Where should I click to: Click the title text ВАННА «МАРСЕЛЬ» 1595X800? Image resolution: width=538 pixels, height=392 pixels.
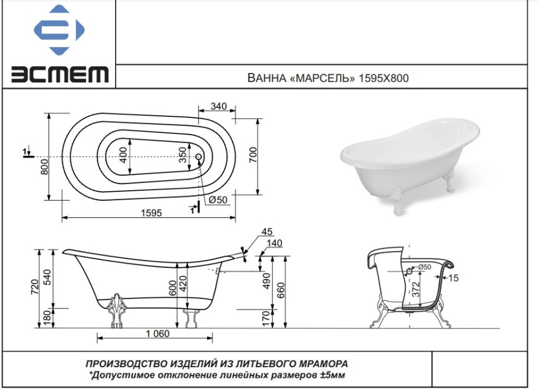click(x=328, y=78)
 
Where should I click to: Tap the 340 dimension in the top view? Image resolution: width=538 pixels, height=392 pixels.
click(x=218, y=106)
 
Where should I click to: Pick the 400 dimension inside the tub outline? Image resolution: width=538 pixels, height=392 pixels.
click(x=123, y=155)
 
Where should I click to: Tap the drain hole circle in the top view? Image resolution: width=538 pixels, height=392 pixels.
click(x=199, y=157)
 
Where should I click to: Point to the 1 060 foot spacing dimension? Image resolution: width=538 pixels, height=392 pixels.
click(x=157, y=333)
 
